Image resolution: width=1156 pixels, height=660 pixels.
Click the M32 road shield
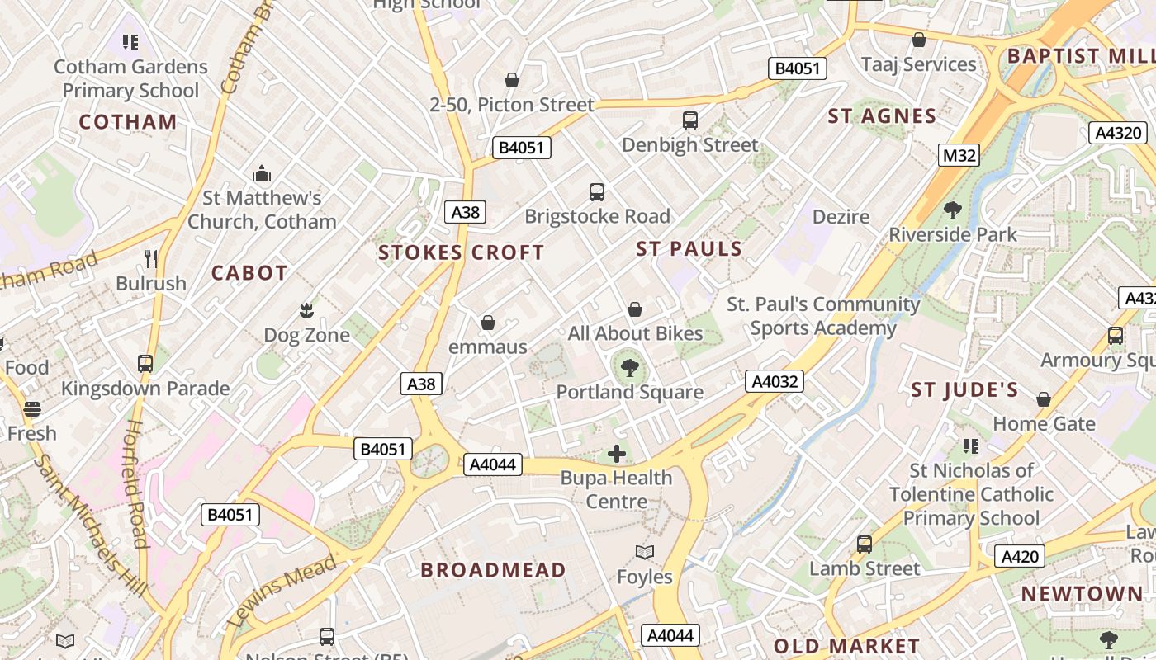pyautogui.click(x=959, y=154)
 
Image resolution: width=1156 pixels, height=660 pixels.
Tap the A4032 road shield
pyautogui.click(x=774, y=381)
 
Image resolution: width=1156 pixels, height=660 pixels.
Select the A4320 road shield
pyautogui.click(x=1118, y=133)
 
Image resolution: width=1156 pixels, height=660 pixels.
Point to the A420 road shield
pyautogui.click(x=1019, y=556)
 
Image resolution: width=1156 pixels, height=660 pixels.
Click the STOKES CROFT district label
pyautogui.click(x=461, y=252)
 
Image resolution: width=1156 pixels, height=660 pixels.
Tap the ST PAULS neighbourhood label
pyautogui.click(x=689, y=248)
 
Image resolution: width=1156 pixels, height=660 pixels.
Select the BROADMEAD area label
pyautogui.click(x=493, y=570)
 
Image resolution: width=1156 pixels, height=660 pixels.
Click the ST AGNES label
pyautogui.click(x=882, y=116)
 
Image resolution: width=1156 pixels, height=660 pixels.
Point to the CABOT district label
pyautogui.click(x=249, y=273)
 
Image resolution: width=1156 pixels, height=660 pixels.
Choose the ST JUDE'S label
pyautogui.click(x=964, y=390)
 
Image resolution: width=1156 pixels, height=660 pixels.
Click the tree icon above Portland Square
pyautogui.click(x=630, y=368)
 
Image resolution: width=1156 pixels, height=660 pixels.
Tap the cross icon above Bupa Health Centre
pyautogui.click(x=617, y=453)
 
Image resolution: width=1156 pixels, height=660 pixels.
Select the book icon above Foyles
pyautogui.click(x=645, y=552)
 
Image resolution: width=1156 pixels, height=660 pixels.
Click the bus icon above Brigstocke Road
pyautogui.click(x=597, y=192)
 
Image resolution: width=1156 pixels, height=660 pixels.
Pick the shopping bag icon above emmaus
pyautogui.click(x=488, y=323)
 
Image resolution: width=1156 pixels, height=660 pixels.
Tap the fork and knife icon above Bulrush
pyautogui.click(x=151, y=259)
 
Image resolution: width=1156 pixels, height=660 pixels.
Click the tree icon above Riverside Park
pyautogui.click(x=953, y=210)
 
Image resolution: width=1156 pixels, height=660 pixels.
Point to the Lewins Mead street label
pyautogui.click(x=281, y=592)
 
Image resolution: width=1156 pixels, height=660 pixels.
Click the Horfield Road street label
pyautogui.click(x=136, y=484)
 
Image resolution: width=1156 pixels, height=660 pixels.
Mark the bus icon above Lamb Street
pyautogui.click(x=865, y=544)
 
